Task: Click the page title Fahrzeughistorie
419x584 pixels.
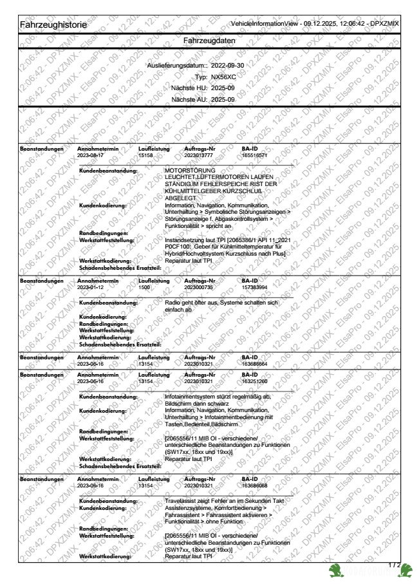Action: [51, 24]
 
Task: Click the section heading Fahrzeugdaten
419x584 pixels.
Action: [209, 41]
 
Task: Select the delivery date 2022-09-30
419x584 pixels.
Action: [228, 66]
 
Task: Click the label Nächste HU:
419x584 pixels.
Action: [190, 88]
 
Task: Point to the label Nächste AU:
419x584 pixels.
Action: [190, 100]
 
